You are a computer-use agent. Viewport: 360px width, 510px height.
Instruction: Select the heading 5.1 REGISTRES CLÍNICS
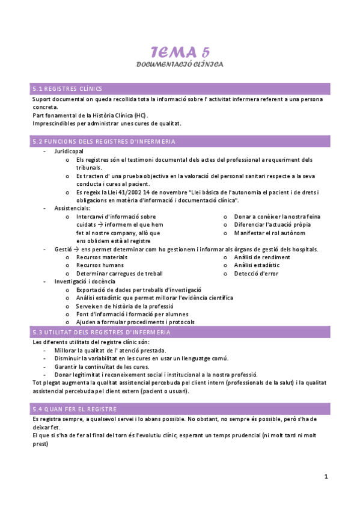(67, 88)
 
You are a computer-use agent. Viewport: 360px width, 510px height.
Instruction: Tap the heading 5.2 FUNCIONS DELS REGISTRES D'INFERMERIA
(103, 141)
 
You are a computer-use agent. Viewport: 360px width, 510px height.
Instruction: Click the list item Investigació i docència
(85, 281)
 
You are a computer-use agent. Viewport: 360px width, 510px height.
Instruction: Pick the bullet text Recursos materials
(102, 257)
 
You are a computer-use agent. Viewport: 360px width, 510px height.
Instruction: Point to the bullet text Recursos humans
(100, 265)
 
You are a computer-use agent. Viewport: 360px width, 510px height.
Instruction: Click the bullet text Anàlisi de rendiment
(262, 257)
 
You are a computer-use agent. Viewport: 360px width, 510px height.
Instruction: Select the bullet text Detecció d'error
(256, 273)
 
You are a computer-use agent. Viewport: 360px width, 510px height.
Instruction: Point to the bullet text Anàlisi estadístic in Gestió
(257, 265)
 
